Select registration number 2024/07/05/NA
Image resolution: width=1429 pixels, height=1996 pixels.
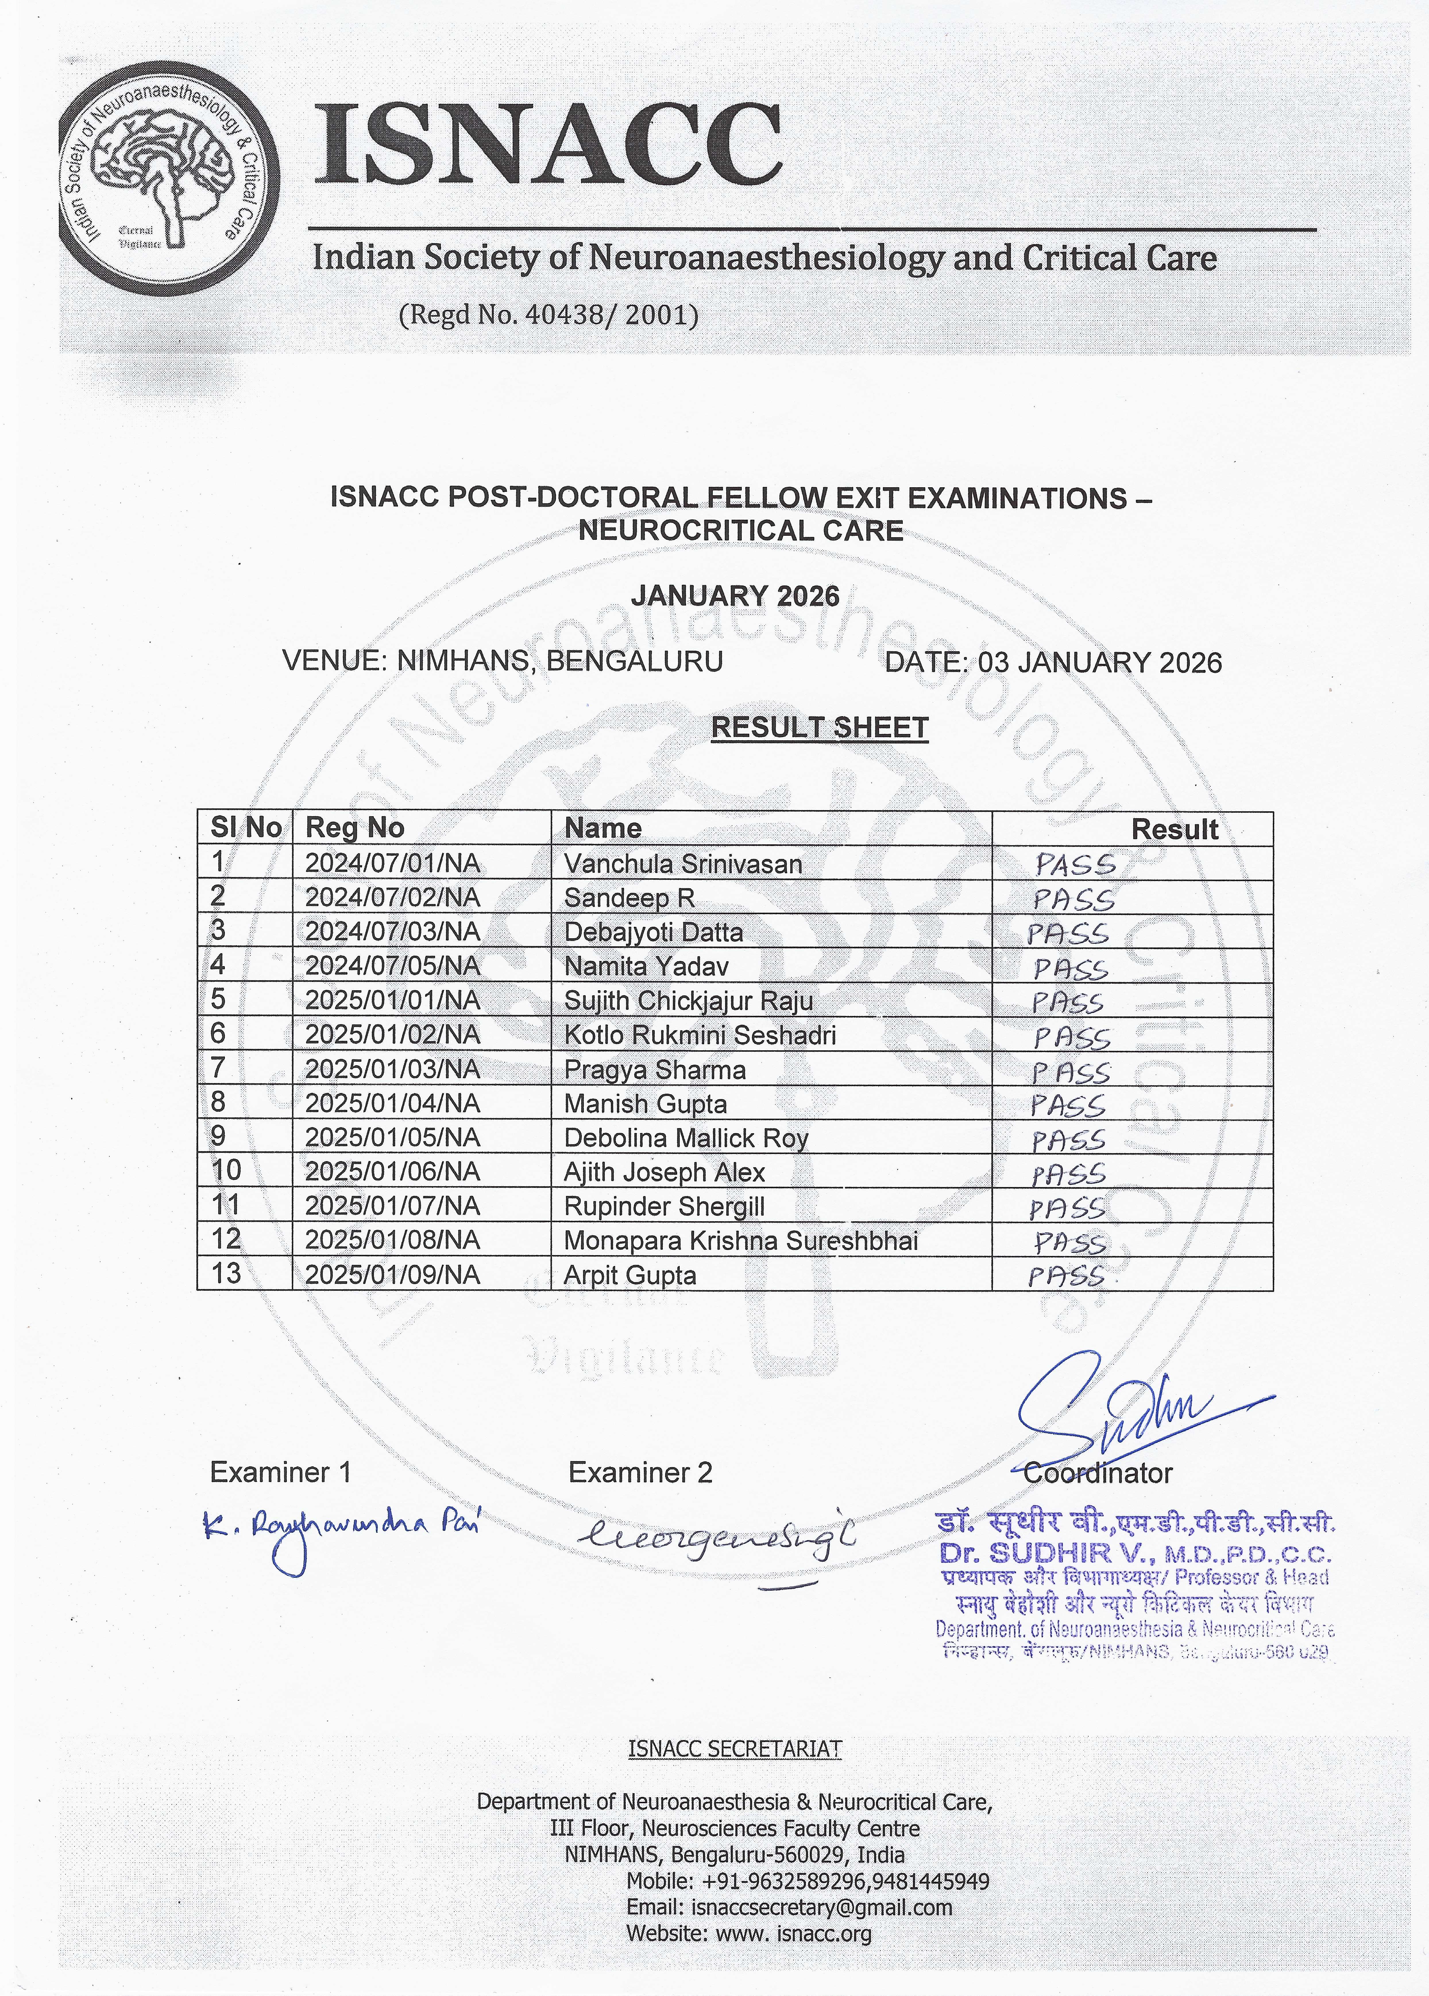coord(393,966)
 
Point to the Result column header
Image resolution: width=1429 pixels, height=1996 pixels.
coord(1174,829)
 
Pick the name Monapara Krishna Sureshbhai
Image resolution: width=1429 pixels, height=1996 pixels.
coord(741,1241)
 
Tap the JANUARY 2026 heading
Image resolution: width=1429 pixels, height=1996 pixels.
coord(735,597)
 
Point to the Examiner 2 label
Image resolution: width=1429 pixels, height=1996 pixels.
coord(640,1472)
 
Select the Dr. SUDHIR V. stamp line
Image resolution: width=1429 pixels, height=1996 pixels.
coord(1135,1553)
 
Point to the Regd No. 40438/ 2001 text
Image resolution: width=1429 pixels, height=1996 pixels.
coord(548,314)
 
